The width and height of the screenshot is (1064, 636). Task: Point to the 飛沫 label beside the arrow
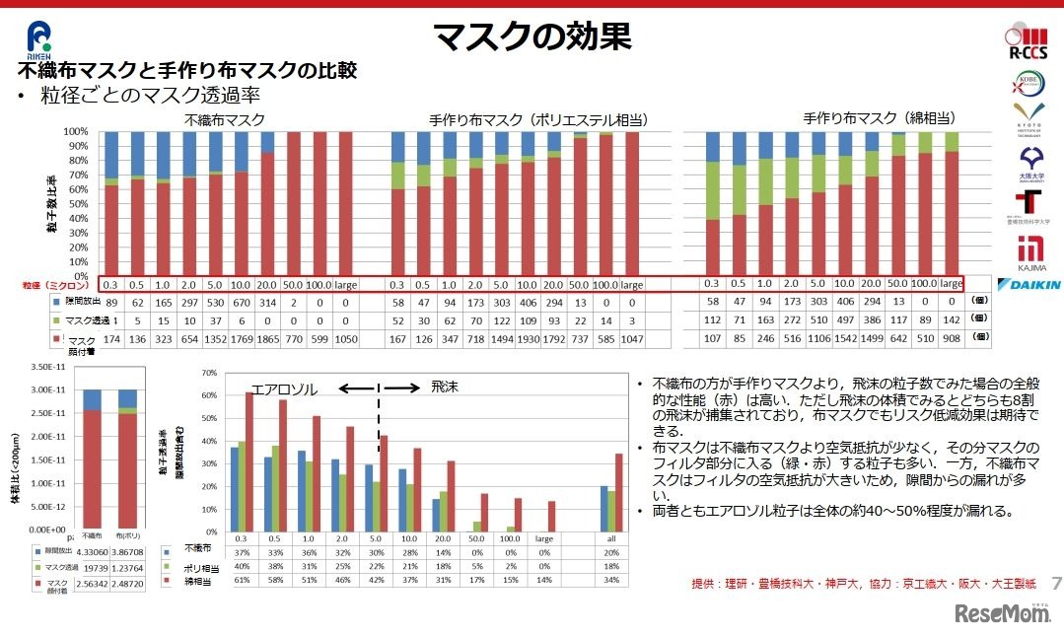pyautogui.click(x=446, y=389)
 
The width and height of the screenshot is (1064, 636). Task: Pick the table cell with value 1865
pyautogui.click(x=293, y=337)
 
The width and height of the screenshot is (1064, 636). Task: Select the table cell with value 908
pyautogui.click(x=950, y=337)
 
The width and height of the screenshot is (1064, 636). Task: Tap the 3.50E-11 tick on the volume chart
pyautogui.click(x=45, y=365)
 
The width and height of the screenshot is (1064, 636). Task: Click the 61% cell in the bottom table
pyautogui.click(x=240, y=583)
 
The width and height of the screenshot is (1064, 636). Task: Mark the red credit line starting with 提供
pyautogui.click(x=853, y=584)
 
